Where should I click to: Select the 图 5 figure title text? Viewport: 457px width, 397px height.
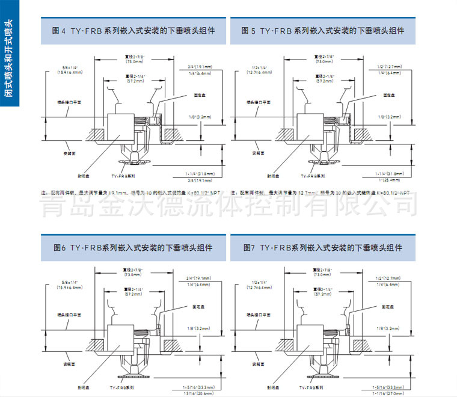pyautogui.click(x=323, y=30)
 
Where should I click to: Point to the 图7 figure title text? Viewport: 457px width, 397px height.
pyautogui.click(x=323, y=247)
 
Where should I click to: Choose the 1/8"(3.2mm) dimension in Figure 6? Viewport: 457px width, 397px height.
pyautogui.click(x=194, y=328)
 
